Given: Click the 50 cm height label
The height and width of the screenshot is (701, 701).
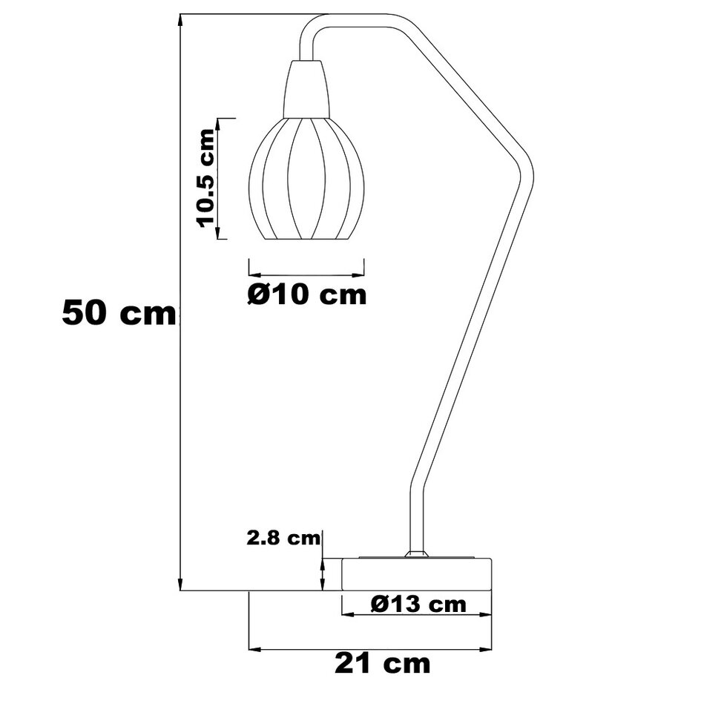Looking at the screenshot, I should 119,313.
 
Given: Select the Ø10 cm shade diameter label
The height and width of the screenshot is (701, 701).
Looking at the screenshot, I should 306,294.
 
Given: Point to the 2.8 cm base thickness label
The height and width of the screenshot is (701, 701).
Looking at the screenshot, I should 284,538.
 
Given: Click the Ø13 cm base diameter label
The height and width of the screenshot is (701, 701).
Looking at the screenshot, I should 418,604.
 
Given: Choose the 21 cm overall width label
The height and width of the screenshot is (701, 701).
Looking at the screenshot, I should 382,662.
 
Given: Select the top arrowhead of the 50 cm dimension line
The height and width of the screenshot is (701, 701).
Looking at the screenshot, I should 180,21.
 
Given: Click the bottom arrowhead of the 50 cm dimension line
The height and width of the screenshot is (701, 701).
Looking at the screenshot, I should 180,584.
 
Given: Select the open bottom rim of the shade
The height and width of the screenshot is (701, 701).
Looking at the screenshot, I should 306,240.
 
